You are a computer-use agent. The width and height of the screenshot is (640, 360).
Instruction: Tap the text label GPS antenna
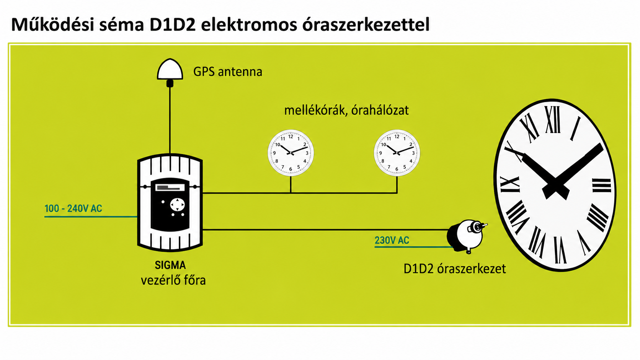pos(228,72)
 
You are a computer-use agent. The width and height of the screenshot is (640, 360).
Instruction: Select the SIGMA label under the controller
pos(170,265)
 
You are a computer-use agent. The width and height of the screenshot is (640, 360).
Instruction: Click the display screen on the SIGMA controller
pos(170,187)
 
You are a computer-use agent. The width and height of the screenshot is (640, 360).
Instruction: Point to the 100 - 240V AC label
pos(73,209)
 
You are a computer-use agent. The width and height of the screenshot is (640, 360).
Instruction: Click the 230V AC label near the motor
pos(392,240)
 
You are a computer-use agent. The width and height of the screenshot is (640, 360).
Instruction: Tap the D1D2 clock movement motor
pos(466,236)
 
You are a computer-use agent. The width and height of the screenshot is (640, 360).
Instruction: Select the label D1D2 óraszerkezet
pos(455,269)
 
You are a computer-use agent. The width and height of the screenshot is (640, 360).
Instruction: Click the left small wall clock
pos(291,153)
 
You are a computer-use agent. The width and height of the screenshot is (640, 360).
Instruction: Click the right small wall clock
pos(397,153)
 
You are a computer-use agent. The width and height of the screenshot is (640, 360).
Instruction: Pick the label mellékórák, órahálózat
pos(346,110)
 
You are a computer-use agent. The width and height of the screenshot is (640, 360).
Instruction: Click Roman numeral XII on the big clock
pos(553,120)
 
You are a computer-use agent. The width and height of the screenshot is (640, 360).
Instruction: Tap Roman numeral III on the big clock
pos(601,186)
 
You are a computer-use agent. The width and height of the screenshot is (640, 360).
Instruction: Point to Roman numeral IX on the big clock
pos(510,184)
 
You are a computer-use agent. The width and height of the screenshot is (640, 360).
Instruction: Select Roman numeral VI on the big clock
pos(560,250)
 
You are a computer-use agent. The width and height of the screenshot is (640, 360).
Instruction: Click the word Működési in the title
pos(53,24)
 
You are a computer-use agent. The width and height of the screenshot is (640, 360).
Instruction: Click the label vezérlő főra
pos(173,280)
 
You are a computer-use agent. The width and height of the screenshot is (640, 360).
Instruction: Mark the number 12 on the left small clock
pos(291,137)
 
